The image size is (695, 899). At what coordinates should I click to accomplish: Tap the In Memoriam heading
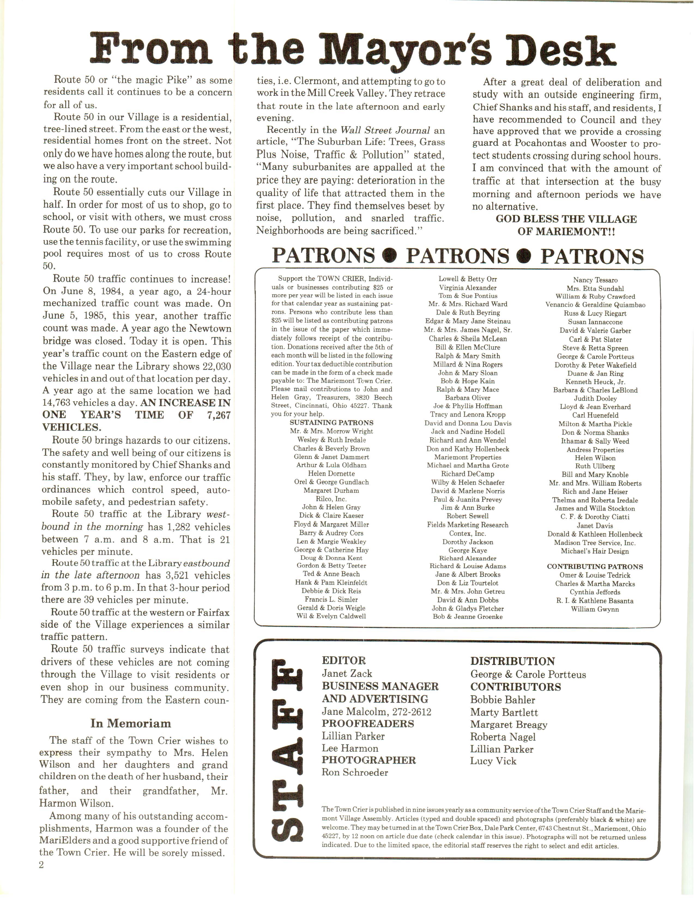pos(131,723)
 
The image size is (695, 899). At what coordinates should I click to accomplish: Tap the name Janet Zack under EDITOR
pos(347,673)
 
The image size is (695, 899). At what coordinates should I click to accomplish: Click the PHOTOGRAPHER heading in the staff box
pos(368,760)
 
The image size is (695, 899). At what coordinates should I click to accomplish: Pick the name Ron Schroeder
pos(355,772)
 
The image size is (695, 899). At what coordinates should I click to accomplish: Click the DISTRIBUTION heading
pos(513,661)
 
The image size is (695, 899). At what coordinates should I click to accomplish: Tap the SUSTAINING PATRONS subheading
pos(331,423)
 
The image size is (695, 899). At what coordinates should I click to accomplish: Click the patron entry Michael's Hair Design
pos(594,551)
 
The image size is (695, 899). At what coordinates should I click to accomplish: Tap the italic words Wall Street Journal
pos(385,130)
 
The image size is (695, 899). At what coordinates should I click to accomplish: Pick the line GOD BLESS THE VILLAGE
pos(566,219)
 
